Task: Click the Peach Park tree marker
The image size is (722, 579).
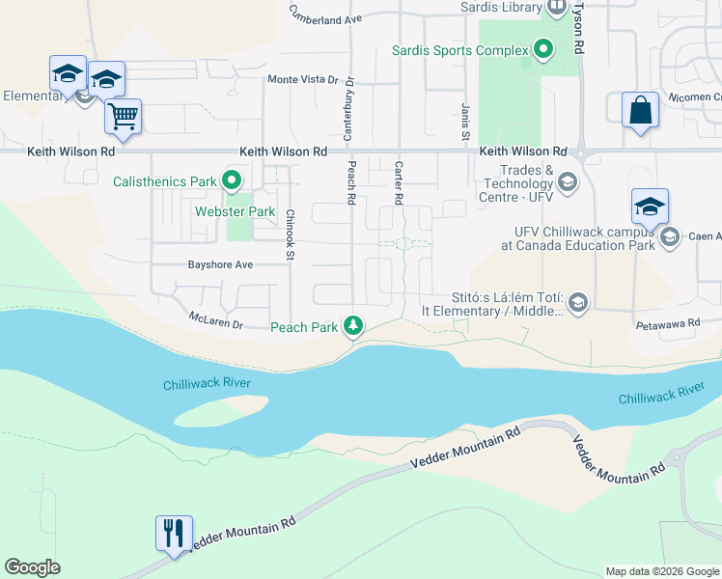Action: coord(355,326)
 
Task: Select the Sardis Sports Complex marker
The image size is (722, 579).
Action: coord(543,49)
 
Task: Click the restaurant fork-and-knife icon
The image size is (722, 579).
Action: coord(174,533)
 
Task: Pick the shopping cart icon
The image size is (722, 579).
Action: coord(123,116)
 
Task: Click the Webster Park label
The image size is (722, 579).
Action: coord(236,211)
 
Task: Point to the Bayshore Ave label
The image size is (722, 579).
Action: coord(220,264)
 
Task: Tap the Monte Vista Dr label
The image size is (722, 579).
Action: coord(304,80)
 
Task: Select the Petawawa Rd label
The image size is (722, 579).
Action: coord(667,326)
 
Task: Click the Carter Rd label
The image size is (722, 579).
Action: coord(398,182)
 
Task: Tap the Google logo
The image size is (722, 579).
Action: coord(32,567)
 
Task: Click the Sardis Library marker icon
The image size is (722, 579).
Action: coord(557,7)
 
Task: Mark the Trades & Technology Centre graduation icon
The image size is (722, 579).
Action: coord(568,182)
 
